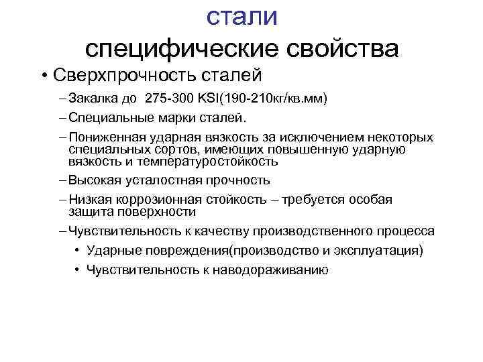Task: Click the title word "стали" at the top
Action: pyautogui.click(x=241, y=16)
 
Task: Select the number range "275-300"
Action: pyautogui.click(x=169, y=99)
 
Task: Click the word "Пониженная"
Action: pyautogui.click(x=101, y=137)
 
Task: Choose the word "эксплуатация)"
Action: pyautogui.click(x=388, y=251)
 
